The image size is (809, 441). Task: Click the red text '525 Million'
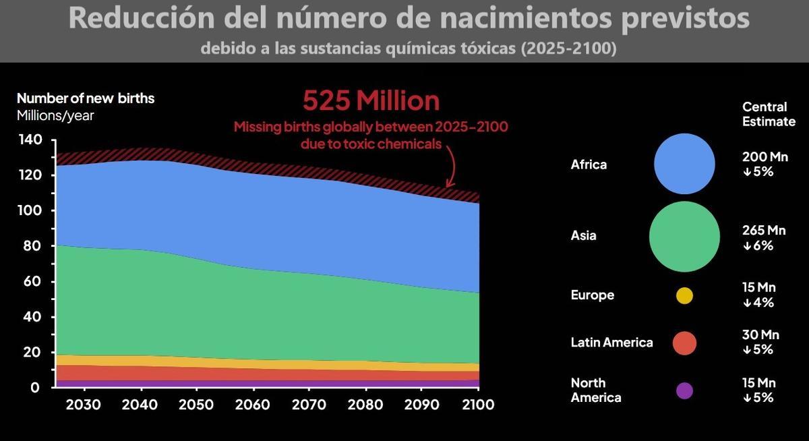click(x=371, y=101)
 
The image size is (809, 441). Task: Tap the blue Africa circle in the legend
click(x=684, y=164)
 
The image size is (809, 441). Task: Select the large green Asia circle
click(x=684, y=236)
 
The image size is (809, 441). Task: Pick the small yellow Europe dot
click(x=684, y=295)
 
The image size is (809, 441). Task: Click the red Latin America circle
click(x=684, y=343)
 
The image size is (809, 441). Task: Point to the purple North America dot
click(x=684, y=390)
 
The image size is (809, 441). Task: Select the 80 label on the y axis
click(x=30, y=246)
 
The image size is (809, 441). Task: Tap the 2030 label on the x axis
click(x=84, y=405)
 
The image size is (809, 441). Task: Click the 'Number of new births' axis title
click(x=86, y=98)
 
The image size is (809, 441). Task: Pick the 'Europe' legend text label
click(x=592, y=295)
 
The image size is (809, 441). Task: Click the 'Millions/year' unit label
click(x=55, y=115)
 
